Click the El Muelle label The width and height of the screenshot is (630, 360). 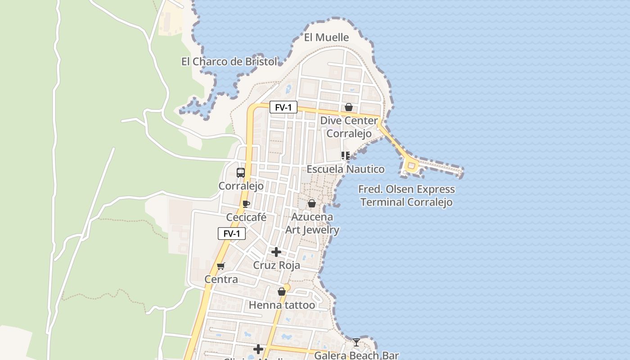[x=326, y=37]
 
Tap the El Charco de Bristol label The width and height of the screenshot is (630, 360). [x=229, y=62]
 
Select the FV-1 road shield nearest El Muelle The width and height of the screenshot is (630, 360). [x=283, y=108]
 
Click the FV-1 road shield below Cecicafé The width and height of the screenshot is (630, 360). [x=232, y=234]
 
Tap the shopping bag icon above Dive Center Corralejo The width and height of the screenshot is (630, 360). [x=348, y=107]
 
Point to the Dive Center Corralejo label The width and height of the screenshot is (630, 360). [x=349, y=127]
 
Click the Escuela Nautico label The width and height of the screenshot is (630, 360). [x=346, y=169]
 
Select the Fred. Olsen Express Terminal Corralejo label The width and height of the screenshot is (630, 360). [x=406, y=196]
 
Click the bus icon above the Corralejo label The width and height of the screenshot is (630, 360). [x=241, y=172]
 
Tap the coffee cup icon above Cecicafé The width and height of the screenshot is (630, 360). [x=246, y=204]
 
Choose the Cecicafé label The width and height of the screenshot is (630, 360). [x=246, y=217]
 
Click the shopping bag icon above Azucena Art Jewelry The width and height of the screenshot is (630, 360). [x=311, y=204]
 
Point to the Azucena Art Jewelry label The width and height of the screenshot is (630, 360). [x=312, y=223]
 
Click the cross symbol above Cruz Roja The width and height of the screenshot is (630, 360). [x=276, y=252]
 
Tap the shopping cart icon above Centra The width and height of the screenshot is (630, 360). [x=220, y=266]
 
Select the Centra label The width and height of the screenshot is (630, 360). [x=221, y=279]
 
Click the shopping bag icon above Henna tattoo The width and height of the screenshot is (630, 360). [x=282, y=292]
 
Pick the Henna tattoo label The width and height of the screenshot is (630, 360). [x=282, y=305]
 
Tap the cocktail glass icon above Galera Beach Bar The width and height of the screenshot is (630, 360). [x=356, y=342]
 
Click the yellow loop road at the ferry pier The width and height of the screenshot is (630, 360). [x=410, y=166]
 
